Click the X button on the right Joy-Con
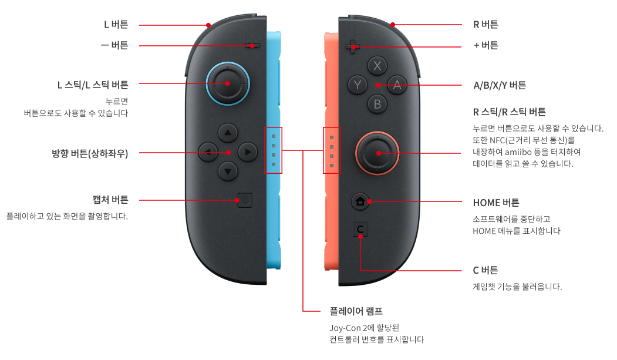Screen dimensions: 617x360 point(377,65)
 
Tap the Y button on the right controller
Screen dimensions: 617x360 point(357,85)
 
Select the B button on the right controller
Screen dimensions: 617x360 point(377,105)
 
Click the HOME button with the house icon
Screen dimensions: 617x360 point(360,201)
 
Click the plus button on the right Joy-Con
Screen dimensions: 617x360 point(352,46)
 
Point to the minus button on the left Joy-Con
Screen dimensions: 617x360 point(252,45)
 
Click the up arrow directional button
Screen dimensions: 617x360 point(228,132)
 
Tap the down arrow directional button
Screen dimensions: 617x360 point(228,171)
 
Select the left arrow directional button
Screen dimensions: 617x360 point(208,152)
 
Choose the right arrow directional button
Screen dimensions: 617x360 point(248,152)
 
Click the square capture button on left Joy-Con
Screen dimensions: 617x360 point(244,200)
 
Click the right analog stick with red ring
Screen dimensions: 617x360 point(377,153)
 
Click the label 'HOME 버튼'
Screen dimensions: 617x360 point(496,203)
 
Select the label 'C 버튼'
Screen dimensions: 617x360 point(485,270)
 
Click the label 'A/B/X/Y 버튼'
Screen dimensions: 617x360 point(500,85)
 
